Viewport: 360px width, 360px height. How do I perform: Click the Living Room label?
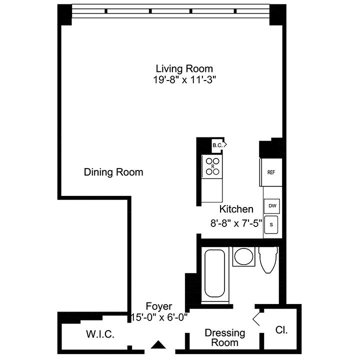pyautogui.click(x=184, y=68)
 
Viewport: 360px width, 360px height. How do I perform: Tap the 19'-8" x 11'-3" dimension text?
pyautogui.click(x=184, y=80)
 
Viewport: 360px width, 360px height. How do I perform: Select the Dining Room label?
pyautogui.click(x=113, y=172)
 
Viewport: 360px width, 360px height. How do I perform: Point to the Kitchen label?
pyautogui.click(x=236, y=209)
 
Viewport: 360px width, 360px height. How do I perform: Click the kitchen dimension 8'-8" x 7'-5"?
pyautogui.click(x=236, y=223)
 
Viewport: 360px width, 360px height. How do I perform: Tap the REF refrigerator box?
pyautogui.click(x=271, y=172)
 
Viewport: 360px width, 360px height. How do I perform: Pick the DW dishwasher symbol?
pyautogui.click(x=272, y=206)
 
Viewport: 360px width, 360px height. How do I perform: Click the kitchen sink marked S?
pyautogui.click(x=271, y=225)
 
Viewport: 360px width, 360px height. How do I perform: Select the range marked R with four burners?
pyautogui.click(x=212, y=166)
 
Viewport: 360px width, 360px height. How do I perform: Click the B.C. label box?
pyautogui.click(x=218, y=145)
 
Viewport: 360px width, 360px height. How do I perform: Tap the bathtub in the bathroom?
pyautogui.click(x=215, y=273)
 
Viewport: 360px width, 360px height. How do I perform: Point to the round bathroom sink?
pyautogui.click(x=243, y=256)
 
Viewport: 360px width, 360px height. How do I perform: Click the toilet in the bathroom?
pyautogui.click(x=268, y=260)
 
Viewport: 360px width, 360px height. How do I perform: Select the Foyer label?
pyautogui.click(x=159, y=306)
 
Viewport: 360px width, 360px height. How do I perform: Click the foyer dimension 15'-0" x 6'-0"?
pyautogui.click(x=159, y=318)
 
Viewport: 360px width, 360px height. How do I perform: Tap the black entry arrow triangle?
pyautogui.click(x=158, y=344)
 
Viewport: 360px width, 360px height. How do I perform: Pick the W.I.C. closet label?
pyautogui.click(x=100, y=334)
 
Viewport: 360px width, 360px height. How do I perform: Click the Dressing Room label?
pyautogui.click(x=225, y=337)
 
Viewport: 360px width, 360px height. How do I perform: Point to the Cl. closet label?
pyautogui.click(x=281, y=330)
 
